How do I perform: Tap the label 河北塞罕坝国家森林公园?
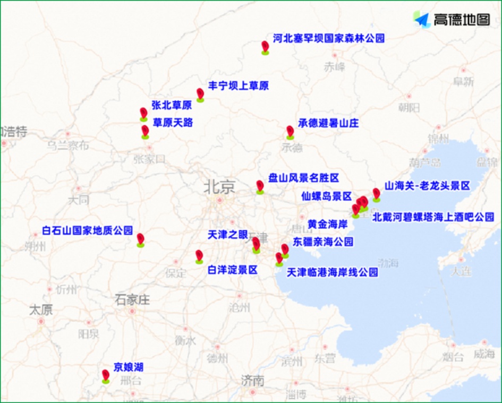pyautogui.click(x=328, y=38)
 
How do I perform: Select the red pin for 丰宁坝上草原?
pyautogui.click(x=200, y=94)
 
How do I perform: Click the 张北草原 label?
pyautogui.click(x=172, y=105)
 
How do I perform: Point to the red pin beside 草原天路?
pyautogui.click(x=145, y=131)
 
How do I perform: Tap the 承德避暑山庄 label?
pyautogui.click(x=328, y=123)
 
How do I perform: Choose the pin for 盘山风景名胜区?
pyautogui.click(x=260, y=186)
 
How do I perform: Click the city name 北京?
pyautogui.click(x=219, y=187)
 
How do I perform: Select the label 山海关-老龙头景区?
pyautogui.click(x=427, y=186)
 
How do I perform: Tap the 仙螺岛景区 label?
pyautogui.click(x=326, y=196)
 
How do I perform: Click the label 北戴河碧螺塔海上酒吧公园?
pyautogui.click(x=433, y=217)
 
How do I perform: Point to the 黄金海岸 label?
pyautogui.click(x=328, y=225)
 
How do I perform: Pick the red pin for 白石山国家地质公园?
pyautogui.click(x=140, y=239)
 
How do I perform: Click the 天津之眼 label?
pyautogui.click(x=227, y=235)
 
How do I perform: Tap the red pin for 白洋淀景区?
pyautogui.click(x=199, y=256)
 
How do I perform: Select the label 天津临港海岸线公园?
pyautogui.click(x=333, y=272)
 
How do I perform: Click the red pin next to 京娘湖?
pyautogui.click(x=106, y=375)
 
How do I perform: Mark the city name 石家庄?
pyautogui.click(x=132, y=299)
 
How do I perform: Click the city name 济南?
pyautogui.click(x=252, y=380)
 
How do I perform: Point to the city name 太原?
pyautogui.click(x=41, y=310)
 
